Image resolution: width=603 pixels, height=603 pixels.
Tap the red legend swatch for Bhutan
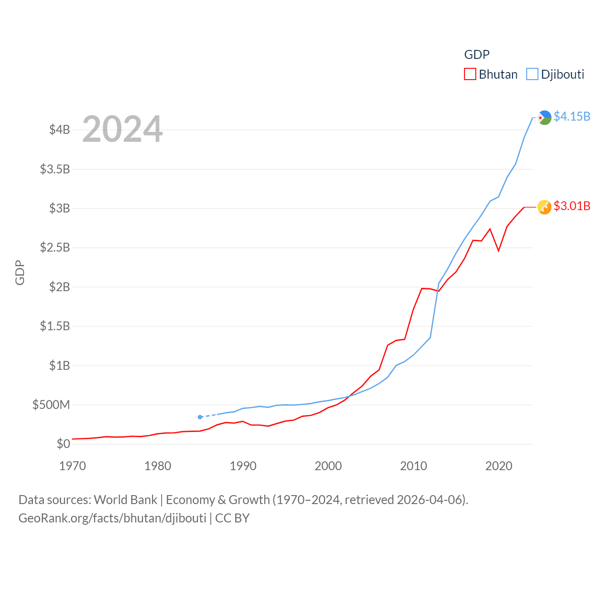(x=470, y=74)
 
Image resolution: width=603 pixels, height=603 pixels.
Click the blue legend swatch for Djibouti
(x=532, y=74)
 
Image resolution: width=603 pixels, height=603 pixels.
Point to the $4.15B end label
(x=572, y=116)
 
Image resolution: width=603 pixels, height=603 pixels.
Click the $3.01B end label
(x=572, y=206)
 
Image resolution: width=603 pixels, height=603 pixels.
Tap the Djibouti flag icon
(x=545, y=117)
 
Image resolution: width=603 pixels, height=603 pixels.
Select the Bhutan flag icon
(x=545, y=207)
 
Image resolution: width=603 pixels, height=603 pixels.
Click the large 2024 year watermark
(x=122, y=129)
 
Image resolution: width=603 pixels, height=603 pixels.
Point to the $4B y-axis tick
(x=59, y=130)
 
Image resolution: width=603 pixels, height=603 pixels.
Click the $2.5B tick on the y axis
(x=55, y=247)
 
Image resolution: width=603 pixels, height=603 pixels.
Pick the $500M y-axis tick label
(x=51, y=405)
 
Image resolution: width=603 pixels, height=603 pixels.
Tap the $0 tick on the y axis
(x=63, y=444)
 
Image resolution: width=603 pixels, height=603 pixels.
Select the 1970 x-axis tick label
(x=73, y=466)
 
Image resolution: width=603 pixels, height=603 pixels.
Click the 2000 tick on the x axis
(x=328, y=466)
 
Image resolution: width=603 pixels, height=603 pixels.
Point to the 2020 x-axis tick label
(x=499, y=466)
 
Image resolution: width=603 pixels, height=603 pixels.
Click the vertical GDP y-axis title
(x=20, y=272)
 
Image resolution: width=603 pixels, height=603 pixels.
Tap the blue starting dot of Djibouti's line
(x=200, y=417)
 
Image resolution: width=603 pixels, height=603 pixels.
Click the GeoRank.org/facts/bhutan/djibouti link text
(x=112, y=518)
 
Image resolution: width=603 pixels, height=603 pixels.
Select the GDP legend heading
(x=477, y=55)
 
